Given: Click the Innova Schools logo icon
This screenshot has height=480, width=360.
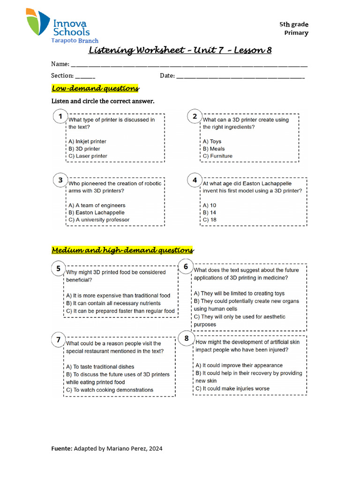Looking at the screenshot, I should click(x=38, y=22).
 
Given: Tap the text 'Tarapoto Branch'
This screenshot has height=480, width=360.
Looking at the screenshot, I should click(x=75, y=41).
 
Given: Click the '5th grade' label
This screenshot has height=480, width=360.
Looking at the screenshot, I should click(x=294, y=24).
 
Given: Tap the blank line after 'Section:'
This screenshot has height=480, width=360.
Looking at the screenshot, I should click(x=85, y=75).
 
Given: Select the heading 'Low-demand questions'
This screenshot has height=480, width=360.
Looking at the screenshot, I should click(x=95, y=88).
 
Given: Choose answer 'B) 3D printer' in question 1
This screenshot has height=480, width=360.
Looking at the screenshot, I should click(x=84, y=149).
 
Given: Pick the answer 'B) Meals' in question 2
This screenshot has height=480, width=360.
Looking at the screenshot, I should click(x=214, y=149).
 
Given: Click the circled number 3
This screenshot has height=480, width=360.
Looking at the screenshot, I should click(x=60, y=180).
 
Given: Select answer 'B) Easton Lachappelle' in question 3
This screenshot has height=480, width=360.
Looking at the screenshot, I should click(x=97, y=212).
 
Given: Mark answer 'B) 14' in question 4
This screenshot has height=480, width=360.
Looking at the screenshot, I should click(x=210, y=212).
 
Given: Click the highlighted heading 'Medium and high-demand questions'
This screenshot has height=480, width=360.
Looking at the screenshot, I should click(x=122, y=250).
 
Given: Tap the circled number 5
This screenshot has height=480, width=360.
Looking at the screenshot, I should click(x=59, y=269).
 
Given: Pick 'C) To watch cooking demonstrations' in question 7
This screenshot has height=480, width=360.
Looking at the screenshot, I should click(x=110, y=390).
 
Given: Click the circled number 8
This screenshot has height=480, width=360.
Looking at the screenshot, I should click(x=187, y=338).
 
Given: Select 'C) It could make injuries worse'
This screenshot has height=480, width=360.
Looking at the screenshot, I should click(x=232, y=388).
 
